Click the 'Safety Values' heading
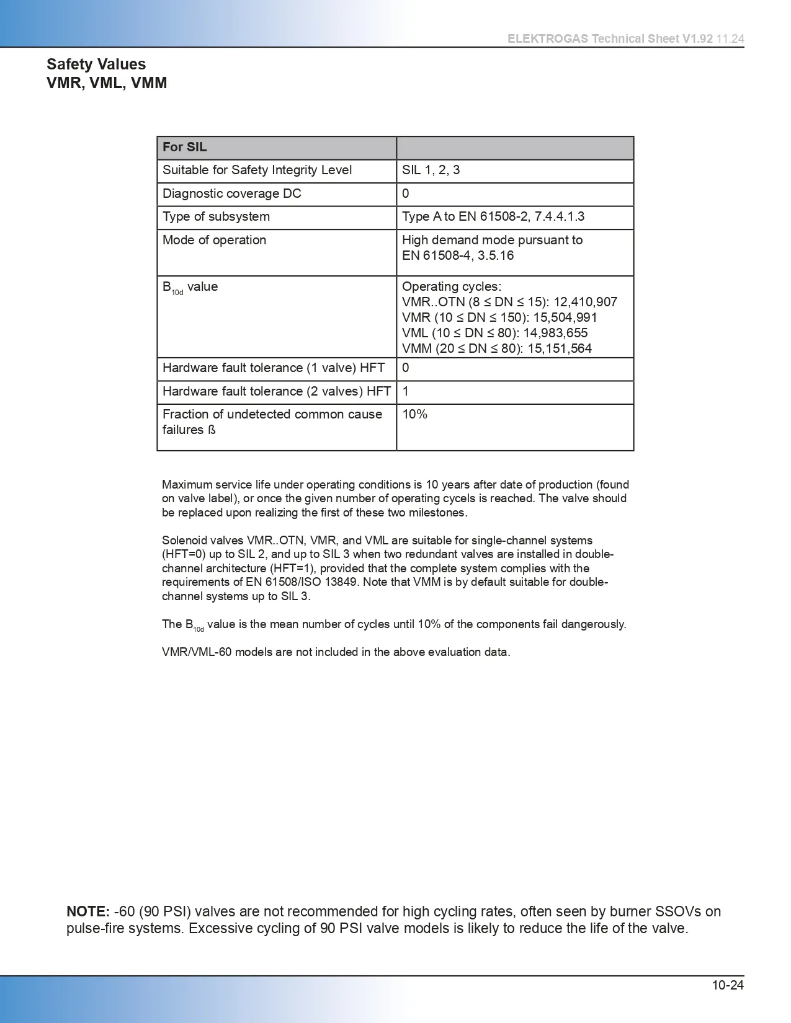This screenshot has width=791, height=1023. [96, 64]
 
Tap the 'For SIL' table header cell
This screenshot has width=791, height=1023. [185, 148]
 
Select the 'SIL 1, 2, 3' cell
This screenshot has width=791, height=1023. [431, 170]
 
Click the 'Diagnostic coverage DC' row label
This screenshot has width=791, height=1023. [231, 193]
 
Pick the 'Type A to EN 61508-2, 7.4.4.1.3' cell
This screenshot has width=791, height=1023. [493, 216]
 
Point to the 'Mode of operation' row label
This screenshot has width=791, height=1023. [214, 240]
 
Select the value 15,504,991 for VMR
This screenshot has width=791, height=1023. [565, 317]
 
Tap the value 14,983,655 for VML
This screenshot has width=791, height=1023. [555, 333]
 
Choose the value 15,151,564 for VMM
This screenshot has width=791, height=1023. [560, 348]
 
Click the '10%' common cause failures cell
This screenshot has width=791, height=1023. [414, 414]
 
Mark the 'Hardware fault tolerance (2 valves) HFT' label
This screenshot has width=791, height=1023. [276, 391]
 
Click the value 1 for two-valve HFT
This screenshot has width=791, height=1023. [406, 391]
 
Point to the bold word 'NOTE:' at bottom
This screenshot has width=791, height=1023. [88, 911]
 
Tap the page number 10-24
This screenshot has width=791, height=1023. [727, 985]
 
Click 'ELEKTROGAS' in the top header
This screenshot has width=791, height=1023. [548, 38]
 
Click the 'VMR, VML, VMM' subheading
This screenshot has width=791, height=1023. [107, 83]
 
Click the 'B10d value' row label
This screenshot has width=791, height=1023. [190, 288]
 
